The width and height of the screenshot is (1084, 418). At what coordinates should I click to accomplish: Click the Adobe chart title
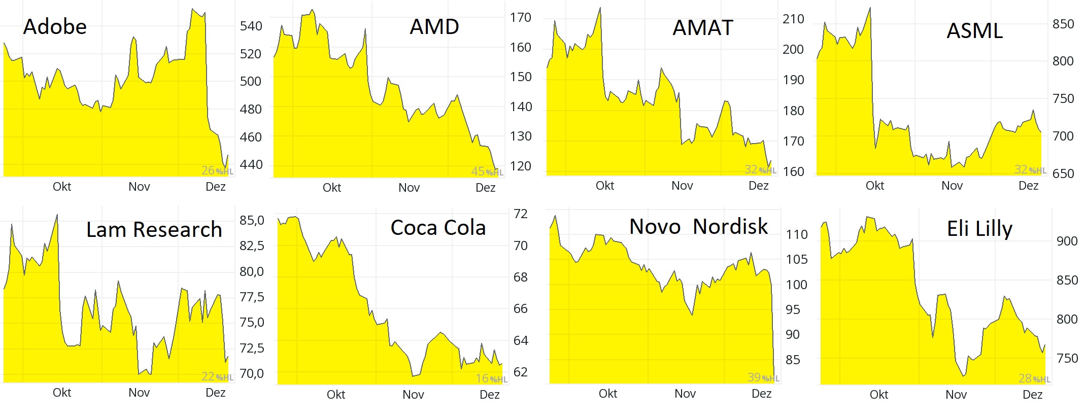coord(55,27)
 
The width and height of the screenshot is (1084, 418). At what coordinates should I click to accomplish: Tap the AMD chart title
coord(434,27)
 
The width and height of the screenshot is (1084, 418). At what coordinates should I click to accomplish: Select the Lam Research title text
coord(154,230)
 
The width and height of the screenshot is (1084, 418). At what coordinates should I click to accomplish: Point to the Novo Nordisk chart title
coord(698,227)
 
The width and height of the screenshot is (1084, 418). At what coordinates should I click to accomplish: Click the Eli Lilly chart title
coord(979,229)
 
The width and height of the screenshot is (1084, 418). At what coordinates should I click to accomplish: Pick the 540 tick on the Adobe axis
coord(251,26)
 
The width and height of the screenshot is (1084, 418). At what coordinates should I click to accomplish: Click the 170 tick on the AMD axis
coord(520,18)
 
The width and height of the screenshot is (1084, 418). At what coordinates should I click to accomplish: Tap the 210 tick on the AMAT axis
coord(793,19)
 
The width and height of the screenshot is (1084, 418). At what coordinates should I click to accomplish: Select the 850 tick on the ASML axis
coord(1063,24)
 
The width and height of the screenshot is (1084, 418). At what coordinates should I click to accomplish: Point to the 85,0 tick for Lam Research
coord(252,220)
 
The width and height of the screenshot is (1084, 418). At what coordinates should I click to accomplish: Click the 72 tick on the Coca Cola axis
coord(520,214)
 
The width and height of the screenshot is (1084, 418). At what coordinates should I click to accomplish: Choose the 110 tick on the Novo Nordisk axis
coord(796,234)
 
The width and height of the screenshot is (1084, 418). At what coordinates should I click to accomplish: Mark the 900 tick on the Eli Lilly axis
coord(1067,241)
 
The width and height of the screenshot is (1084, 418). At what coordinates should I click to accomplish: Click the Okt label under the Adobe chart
coord(62,187)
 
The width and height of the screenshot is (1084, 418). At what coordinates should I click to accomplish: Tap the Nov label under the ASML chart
coord(952,186)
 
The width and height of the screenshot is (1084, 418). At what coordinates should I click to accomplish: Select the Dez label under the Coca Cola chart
coord(489,395)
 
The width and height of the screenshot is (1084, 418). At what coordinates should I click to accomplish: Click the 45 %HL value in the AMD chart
coord(486,172)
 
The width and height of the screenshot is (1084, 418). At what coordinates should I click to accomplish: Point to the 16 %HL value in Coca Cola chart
coord(491,378)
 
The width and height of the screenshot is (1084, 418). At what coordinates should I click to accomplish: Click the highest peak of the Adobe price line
coord(193,9)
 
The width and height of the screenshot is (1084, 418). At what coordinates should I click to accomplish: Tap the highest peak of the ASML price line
coord(870,8)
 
